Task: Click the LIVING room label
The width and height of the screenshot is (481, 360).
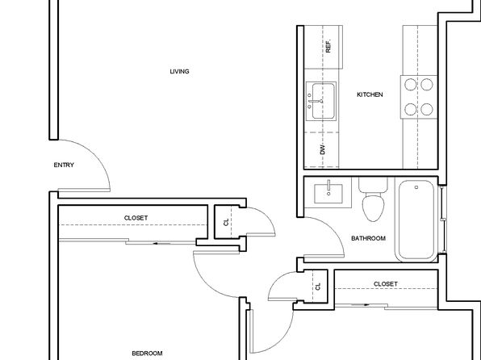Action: coord(179,72)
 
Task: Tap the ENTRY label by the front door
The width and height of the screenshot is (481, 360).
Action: coord(64,165)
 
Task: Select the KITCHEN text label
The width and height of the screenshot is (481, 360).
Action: coord(370,94)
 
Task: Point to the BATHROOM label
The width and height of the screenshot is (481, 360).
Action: coord(368,238)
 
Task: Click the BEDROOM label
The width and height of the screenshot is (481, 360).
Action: coord(147,354)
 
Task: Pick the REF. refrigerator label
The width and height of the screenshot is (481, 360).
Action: coord(328,46)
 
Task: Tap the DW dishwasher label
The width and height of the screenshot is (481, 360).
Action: coord(322,149)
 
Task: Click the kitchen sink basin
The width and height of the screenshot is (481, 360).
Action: coord(324,101)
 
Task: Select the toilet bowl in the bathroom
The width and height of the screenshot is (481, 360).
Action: coord(373,207)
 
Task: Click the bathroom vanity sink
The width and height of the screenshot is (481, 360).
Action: coord(328,194)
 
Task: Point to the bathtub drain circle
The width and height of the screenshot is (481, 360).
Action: coord(416,187)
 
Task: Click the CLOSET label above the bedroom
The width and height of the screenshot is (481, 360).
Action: coord(136,218)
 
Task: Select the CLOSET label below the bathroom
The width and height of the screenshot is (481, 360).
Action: coord(385,284)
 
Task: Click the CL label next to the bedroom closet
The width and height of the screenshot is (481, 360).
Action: coord(226,222)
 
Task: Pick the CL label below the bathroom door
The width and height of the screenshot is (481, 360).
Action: coord(318,287)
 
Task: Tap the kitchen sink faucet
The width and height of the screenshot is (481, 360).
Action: coord(316,101)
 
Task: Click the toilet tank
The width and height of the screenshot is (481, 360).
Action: coord(374,185)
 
